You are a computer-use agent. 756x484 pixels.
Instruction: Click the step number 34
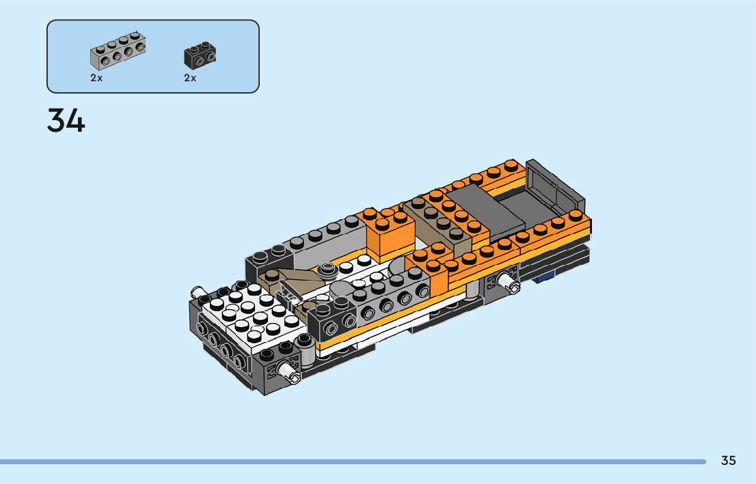66,120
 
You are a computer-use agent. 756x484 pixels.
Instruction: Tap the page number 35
729,460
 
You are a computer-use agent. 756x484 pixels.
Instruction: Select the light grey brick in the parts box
118,51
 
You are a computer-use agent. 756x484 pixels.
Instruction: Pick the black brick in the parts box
200,55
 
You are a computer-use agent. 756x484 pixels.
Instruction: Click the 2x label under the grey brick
96,78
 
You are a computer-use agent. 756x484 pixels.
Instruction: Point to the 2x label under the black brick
190,78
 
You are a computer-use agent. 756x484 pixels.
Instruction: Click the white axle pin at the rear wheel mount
509,282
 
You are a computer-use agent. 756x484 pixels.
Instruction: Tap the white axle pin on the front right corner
289,371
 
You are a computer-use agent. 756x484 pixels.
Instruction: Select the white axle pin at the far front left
197,291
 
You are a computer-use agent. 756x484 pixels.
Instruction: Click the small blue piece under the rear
543,276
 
